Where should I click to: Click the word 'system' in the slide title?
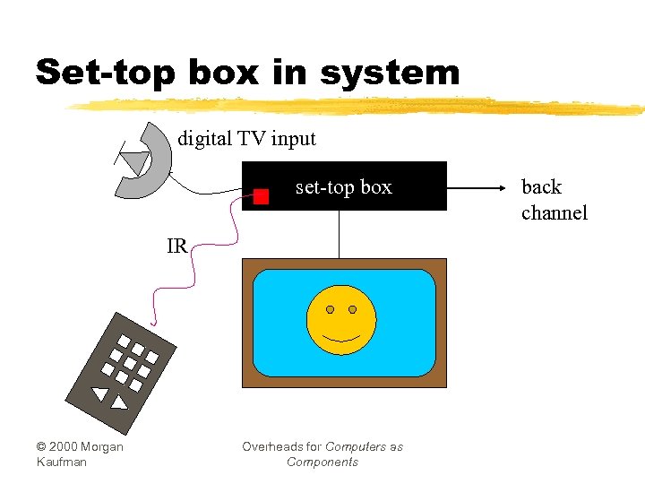click(389, 73)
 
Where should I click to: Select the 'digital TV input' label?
click(246, 139)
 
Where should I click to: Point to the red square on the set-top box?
click(261, 197)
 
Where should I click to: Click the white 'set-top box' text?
click(343, 187)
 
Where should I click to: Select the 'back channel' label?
click(554, 200)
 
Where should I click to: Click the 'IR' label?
click(176, 246)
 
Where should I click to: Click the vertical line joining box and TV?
click(339, 235)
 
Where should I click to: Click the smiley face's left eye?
click(330, 309)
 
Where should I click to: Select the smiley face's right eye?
click(352, 309)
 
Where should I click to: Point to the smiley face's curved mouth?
click(340, 339)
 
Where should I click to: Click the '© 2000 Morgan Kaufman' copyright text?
click(79, 454)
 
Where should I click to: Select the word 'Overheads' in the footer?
click(269, 446)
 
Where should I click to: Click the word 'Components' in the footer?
click(322, 462)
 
